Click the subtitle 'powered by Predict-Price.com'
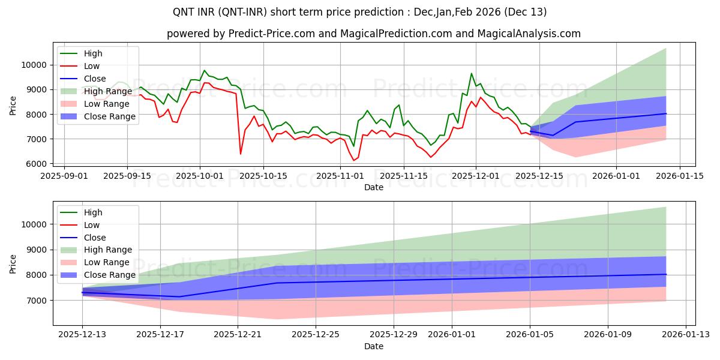[x=373, y=34]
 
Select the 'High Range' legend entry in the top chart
[x=107, y=91]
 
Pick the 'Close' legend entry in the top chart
[x=95, y=79]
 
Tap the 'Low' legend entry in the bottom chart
[x=92, y=225]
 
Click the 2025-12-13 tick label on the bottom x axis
[x=83, y=335]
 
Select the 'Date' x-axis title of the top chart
[x=373, y=187]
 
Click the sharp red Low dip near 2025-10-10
[x=241, y=154]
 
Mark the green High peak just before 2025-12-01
[x=471, y=74]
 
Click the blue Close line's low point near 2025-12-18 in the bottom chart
[x=179, y=296]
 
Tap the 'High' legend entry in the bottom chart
[x=93, y=212]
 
